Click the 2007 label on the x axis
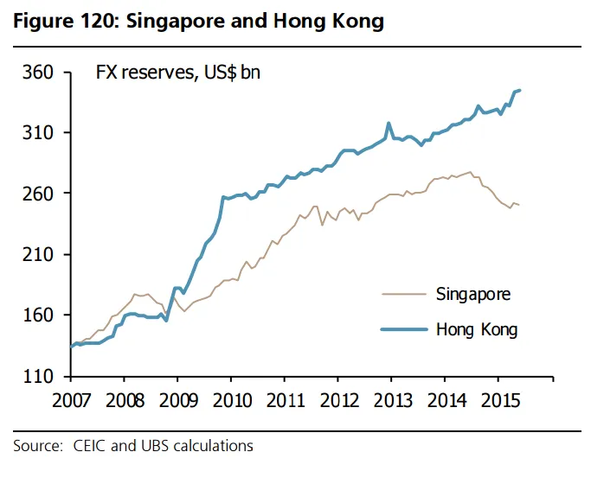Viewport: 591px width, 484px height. point(70,402)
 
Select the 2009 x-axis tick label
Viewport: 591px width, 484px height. point(177,402)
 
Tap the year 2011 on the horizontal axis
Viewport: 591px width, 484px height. point(284,402)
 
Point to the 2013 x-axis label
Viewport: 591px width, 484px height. point(391,402)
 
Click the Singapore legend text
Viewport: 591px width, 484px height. point(473,294)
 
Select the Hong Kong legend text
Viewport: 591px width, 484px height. point(477,329)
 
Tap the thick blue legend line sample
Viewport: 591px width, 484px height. point(406,329)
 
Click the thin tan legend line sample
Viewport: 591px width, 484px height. point(406,294)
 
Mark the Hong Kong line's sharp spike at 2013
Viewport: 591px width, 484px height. point(389,124)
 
